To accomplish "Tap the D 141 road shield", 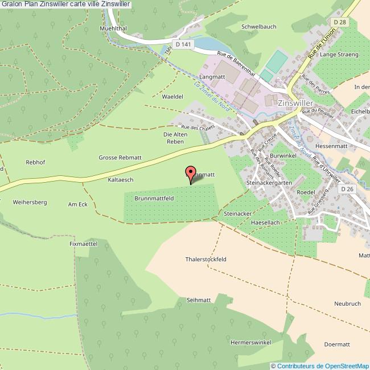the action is tap(182, 44).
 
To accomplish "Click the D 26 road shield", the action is tap(349, 189).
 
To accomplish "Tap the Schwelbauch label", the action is tap(259, 27).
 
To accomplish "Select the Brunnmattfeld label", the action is tap(154, 199).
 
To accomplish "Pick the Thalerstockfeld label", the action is tap(206, 259).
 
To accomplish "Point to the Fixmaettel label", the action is tap(84, 244).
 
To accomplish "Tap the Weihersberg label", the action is tap(30, 202).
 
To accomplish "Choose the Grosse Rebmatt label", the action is tap(120, 158).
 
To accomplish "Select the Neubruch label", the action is tap(348, 303).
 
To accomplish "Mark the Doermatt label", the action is tap(336, 344).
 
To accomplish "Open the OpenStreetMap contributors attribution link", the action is tap(323, 365).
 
